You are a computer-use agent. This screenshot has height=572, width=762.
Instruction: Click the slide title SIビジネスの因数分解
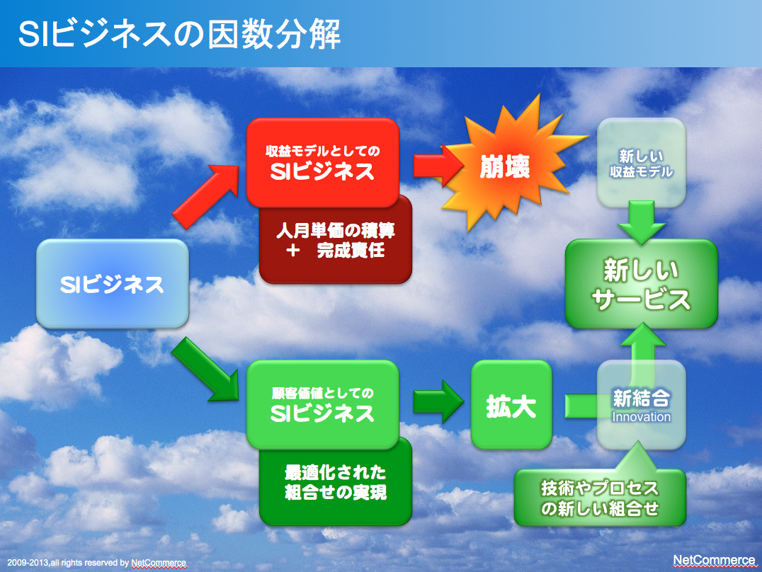[179, 34]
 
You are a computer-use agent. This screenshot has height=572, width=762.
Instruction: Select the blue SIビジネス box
[113, 284]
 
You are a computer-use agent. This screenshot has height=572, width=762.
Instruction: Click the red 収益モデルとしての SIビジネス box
[323, 163]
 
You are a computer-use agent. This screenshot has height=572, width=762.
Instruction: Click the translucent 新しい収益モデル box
[641, 163]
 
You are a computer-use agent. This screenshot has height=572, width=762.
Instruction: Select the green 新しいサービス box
[641, 284]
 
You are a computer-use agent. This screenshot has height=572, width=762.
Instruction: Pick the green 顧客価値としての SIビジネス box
[323, 404]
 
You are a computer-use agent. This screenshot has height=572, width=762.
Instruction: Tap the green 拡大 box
[511, 405]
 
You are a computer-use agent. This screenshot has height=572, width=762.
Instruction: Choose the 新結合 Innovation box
[641, 405]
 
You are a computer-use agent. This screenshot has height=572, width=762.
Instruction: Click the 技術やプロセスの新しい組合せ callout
[600, 497]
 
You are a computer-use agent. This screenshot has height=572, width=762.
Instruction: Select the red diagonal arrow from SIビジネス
[206, 196]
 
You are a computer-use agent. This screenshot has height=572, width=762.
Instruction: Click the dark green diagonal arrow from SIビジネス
[205, 370]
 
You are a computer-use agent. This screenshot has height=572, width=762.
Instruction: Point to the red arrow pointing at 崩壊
[438, 166]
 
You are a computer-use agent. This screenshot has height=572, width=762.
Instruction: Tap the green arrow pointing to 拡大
[438, 401]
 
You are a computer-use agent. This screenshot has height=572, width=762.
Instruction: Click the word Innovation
[641, 417]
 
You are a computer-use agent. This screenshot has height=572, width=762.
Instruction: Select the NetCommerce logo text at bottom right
[714, 561]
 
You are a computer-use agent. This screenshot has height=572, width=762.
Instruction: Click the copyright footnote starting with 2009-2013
[97, 563]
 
